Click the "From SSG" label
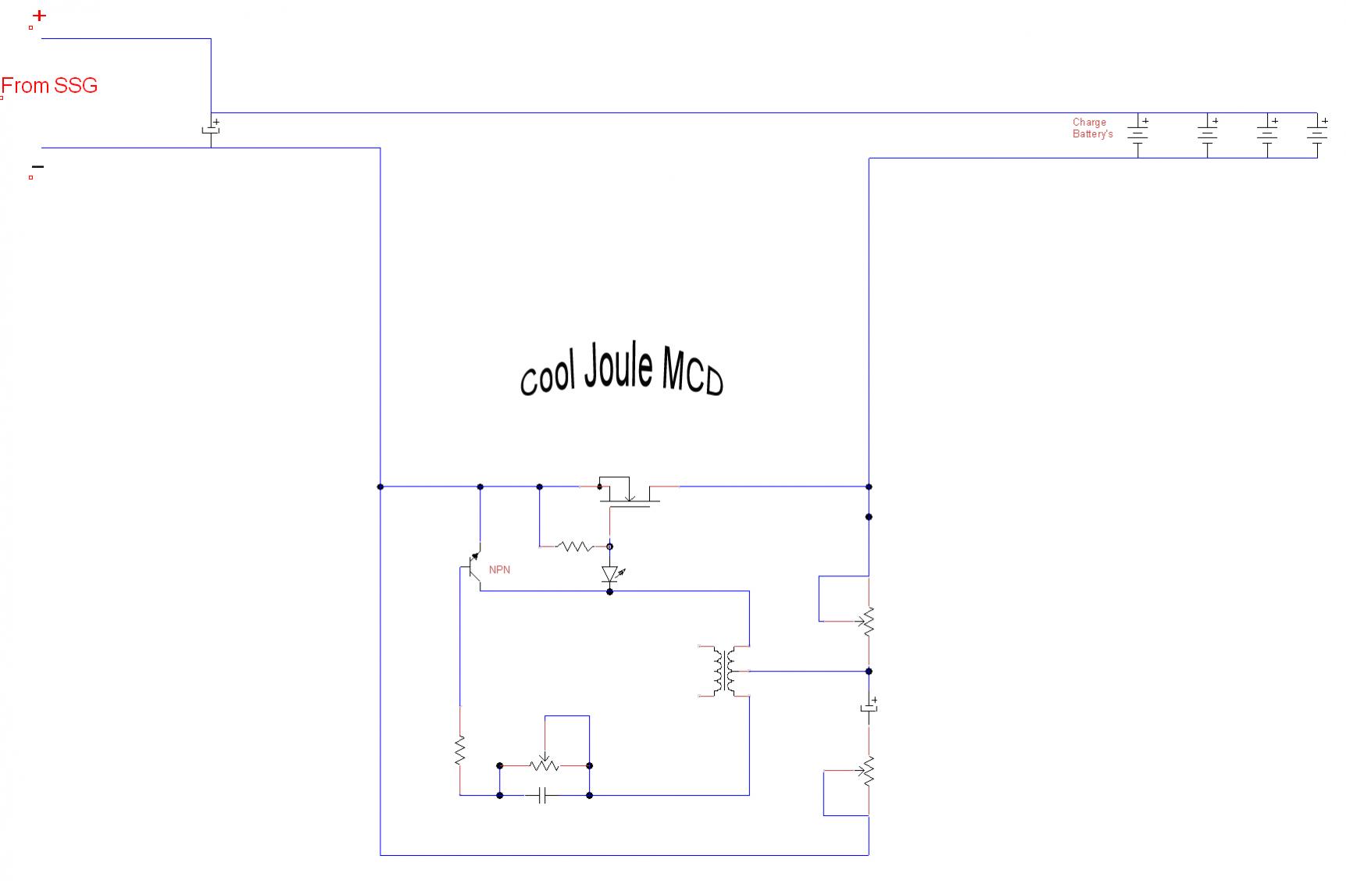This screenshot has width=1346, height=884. tap(49, 85)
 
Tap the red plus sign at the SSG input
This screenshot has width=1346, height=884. tap(39, 16)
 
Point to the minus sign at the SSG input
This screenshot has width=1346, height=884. tap(37, 166)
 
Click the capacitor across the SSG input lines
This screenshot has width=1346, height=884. tap(211, 130)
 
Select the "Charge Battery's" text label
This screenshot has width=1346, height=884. tap(1092, 128)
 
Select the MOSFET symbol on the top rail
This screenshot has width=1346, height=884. tap(629, 492)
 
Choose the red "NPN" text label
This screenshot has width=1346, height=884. tap(499, 570)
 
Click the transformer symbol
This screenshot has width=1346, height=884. tap(724, 671)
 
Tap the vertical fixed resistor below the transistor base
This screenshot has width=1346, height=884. tap(460, 750)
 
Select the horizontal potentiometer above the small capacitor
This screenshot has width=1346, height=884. tap(544, 765)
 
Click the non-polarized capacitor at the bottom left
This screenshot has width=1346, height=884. tap(544, 796)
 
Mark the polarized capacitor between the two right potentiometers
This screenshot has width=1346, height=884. tap(869, 708)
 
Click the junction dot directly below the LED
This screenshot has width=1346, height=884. tap(610, 592)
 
